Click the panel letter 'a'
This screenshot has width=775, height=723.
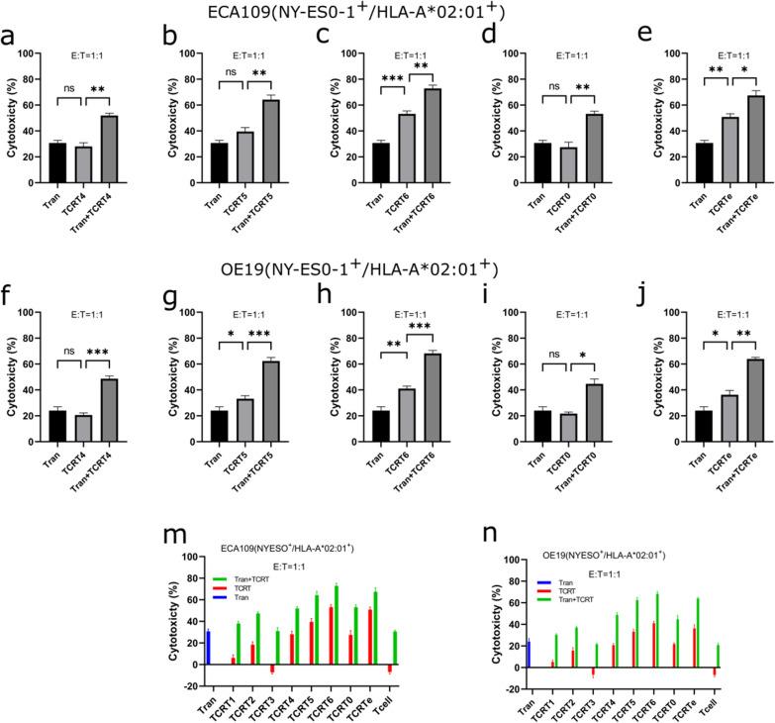[x=9, y=40]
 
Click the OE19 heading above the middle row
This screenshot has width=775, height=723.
[x=386, y=267]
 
